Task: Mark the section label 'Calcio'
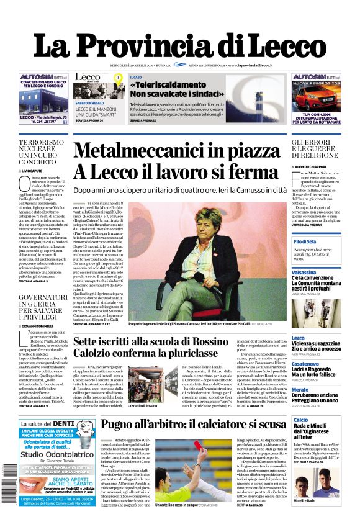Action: point(300,421)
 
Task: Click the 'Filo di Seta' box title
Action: point(305,241)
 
